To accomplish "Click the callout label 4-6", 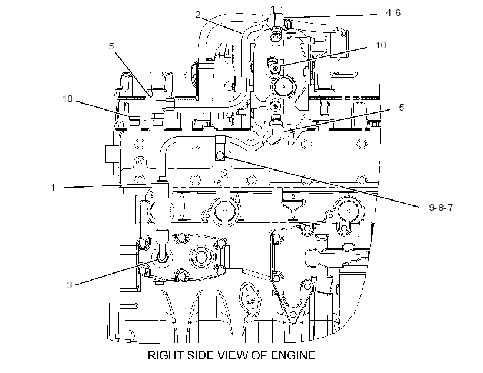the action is (393, 13).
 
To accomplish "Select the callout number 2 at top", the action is (198, 15).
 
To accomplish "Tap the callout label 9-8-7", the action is (441, 208).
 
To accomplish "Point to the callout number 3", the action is (70, 285).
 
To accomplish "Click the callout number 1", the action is (53, 188).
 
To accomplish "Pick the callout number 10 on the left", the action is (68, 99).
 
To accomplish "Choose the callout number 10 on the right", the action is (381, 45).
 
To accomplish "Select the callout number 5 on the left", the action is (111, 46).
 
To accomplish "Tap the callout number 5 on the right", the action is (401, 108).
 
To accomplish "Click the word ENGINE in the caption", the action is (293, 355).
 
